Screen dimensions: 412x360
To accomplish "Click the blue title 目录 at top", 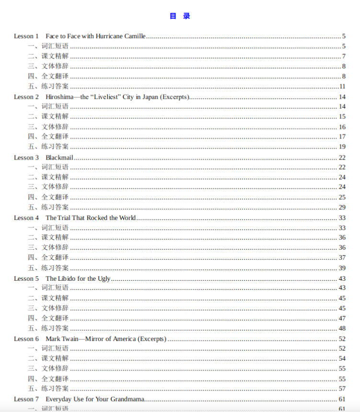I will (x=180, y=16).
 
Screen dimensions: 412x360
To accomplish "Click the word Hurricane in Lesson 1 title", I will (x=110, y=36).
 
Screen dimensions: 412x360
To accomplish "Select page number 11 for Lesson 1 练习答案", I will (x=342, y=86).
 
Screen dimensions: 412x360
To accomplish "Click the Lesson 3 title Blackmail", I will (x=59, y=157).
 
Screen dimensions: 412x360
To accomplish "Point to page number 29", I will (x=342, y=207).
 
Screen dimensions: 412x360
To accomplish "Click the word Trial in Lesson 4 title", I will (x=65, y=217).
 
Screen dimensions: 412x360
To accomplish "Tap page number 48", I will (x=342, y=328).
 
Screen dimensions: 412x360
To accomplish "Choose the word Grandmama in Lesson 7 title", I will (x=128, y=399).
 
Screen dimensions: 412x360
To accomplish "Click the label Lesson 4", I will (x=26, y=217).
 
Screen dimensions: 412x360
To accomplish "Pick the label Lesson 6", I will (x=26, y=339).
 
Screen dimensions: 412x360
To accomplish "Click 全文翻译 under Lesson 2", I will (x=55, y=137).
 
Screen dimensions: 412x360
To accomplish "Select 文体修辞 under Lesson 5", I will (x=55, y=308).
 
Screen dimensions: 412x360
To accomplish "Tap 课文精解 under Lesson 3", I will (x=55, y=177).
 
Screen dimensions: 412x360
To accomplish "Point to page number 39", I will (x=342, y=268).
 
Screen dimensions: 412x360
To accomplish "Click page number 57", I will (x=342, y=389).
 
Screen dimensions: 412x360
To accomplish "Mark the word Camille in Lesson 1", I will (x=135, y=36).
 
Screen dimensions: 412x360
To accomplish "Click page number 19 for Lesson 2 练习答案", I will (x=342, y=147).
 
